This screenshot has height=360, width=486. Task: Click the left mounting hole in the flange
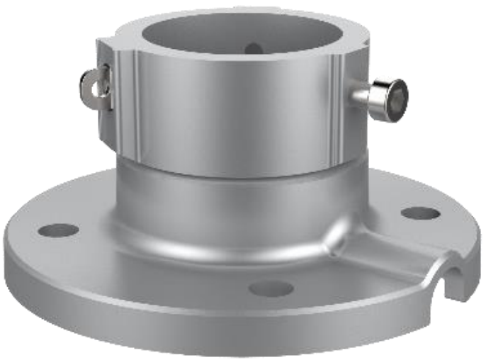pyautogui.click(x=58, y=230)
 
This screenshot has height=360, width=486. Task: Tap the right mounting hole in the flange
pyautogui.click(x=420, y=213)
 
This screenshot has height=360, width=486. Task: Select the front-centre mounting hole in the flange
pyautogui.click(x=271, y=288)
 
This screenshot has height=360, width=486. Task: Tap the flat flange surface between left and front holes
pyautogui.click(x=156, y=266)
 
